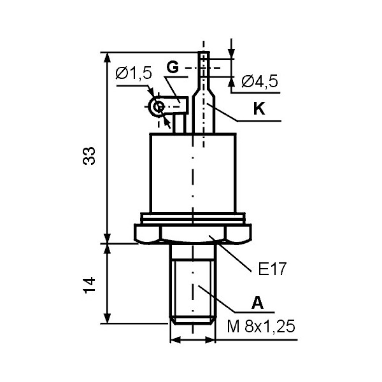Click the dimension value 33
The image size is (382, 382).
[x=89, y=156]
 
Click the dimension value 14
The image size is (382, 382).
[x=89, y=285]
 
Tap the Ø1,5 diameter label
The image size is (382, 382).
[x=134, y=73]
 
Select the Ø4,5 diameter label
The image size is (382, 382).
[x=260, y=81]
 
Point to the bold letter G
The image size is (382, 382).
[x=173, y=67]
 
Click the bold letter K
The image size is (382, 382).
[x=259, y=108]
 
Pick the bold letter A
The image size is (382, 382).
[x=257, y=303]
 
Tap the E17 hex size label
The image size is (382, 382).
[x=272, y=269]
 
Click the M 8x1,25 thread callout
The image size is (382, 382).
[x=261, y=326]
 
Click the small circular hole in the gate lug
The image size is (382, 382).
[x=159, y=107]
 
